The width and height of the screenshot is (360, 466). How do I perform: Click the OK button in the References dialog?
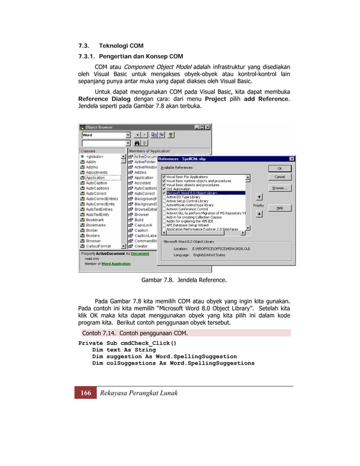click(279, 168)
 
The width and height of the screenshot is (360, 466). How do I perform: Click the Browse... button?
click(279, 188)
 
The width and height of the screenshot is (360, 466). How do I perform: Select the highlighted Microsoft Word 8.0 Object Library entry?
click(192, 193)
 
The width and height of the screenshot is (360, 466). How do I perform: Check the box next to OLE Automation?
click(164, 189)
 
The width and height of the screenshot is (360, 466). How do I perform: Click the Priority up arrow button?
click(258, 197)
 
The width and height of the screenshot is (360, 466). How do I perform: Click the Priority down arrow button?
click(258, 214)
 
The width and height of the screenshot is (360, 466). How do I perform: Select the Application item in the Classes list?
click(95, 178)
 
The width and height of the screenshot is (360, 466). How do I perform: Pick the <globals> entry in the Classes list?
click(94, 156)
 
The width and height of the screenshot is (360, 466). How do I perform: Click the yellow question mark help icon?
click(170, 135)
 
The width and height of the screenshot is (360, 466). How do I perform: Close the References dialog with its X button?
click(291, 159)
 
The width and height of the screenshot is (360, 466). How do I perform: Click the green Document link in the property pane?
click(141, 254)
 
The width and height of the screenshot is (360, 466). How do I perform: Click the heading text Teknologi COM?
click(121, 45)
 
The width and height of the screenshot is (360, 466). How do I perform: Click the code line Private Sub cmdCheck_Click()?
click(127, 343)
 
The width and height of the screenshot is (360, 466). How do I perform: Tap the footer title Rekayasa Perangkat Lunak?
click(138, 393)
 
